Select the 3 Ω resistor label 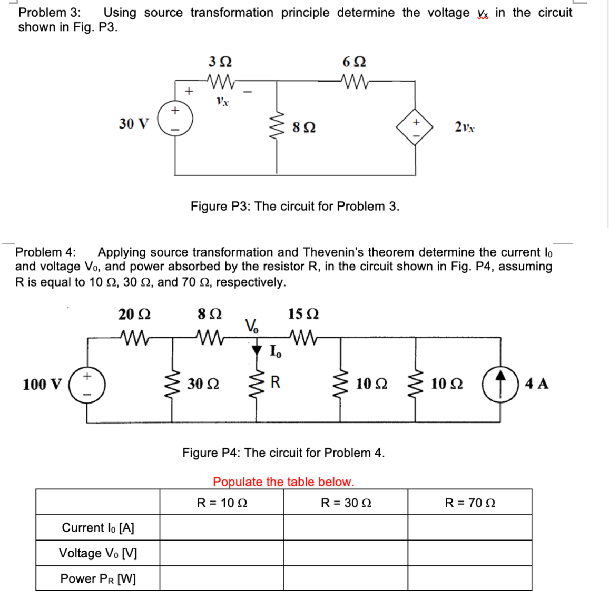click(x=220, y=62)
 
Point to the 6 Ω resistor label click(x=354, y=62)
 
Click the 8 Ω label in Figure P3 click(x=304, y=127)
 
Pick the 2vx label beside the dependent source click(x=464, y=127)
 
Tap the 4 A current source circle click(x=500, y=384)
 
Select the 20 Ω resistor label click(x=134, y=315)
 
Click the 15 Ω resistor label click(x=303, y=315)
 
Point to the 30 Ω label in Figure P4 click(x=203, y=384)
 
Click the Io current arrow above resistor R click(x=257, y=349)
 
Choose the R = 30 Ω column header click(x=346, y=503)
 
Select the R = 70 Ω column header click(x=470, y=503)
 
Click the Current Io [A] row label click(x=98, y=528)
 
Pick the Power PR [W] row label click(x=98, y=578)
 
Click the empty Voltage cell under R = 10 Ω click(x=222, y=553)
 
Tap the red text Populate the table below click(x=283, y=482)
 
